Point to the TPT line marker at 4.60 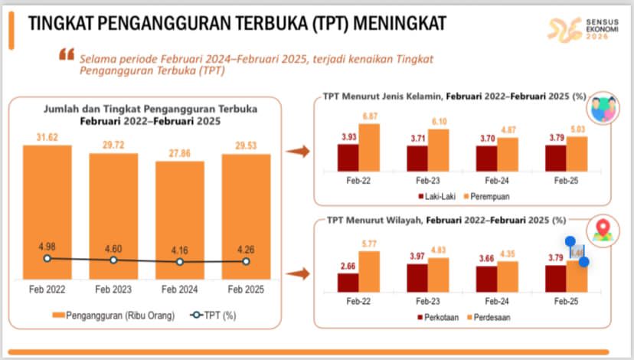click(x=113, y=260)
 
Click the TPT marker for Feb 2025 click(x=247, y=261)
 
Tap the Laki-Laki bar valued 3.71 click(x=417, y=157)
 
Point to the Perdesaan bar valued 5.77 click(x=369, y=272)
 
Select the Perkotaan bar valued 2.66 click(x=348, y=283)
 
